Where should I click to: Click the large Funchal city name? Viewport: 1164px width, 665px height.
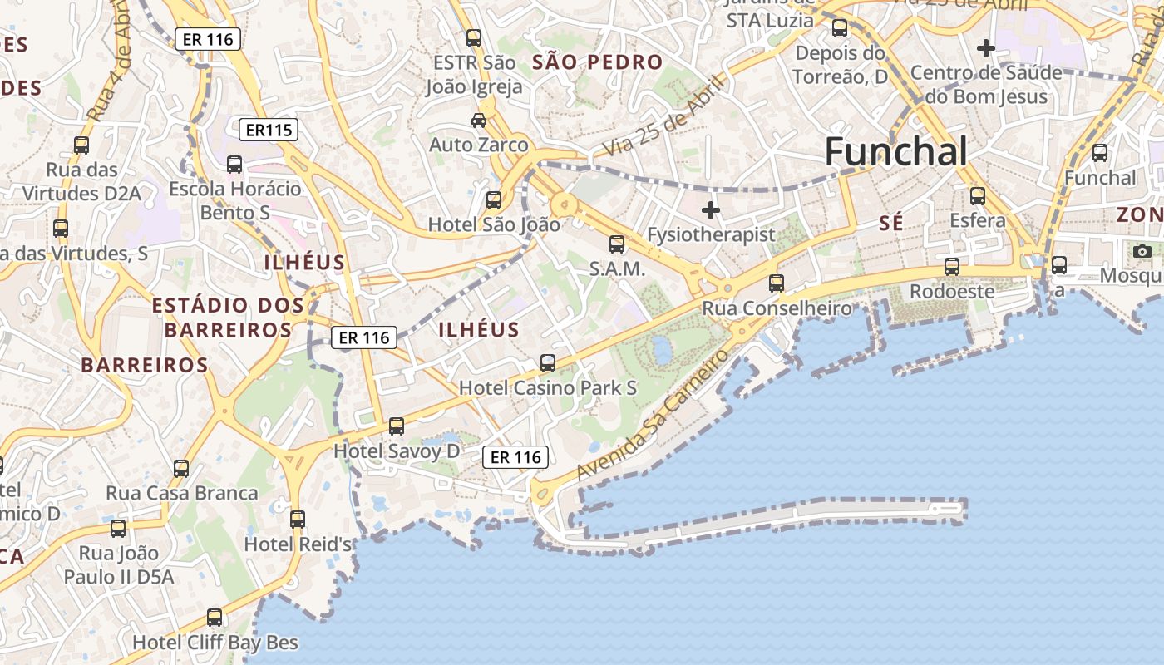[895, 152]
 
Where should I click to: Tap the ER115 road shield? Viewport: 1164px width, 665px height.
[268, 130]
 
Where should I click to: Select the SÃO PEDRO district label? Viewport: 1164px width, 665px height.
[598, 62]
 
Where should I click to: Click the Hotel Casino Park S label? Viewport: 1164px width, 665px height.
[548, 388]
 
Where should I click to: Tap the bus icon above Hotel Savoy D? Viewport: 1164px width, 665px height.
[397, 426]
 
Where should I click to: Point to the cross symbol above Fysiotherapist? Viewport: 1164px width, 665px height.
[711, 210]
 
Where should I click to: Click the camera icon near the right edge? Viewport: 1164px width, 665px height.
[1142, 251]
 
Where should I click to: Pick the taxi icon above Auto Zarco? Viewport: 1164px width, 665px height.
[479, 121]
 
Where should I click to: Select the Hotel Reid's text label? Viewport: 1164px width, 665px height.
[298, 544]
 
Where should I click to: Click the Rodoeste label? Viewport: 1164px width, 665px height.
[952, 292]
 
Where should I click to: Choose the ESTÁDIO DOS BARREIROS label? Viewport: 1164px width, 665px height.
[228, 318]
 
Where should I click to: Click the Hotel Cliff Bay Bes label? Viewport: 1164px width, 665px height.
[215, 643]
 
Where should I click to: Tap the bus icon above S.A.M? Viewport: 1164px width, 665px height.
[616, 244]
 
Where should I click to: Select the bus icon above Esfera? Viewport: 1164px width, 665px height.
[978, 196]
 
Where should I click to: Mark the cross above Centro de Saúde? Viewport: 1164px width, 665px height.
[986, 48]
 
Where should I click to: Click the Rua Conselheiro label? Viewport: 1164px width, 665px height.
[777, 308]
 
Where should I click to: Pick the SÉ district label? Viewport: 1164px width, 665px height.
[891, 223]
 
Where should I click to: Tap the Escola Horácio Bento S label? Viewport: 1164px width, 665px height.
[235, 200]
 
